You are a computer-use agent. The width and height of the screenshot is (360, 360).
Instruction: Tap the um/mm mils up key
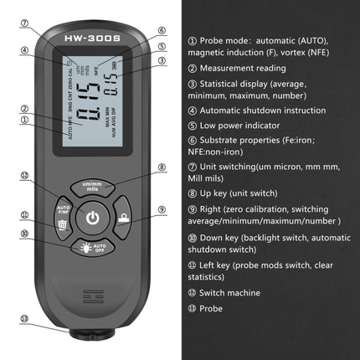pos(92,187)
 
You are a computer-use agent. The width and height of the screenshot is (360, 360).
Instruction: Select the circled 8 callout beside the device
pos(162,167)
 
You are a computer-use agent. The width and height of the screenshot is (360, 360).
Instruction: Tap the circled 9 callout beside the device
pos(162,209)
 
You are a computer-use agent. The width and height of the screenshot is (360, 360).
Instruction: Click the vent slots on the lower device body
pos(92,297)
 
